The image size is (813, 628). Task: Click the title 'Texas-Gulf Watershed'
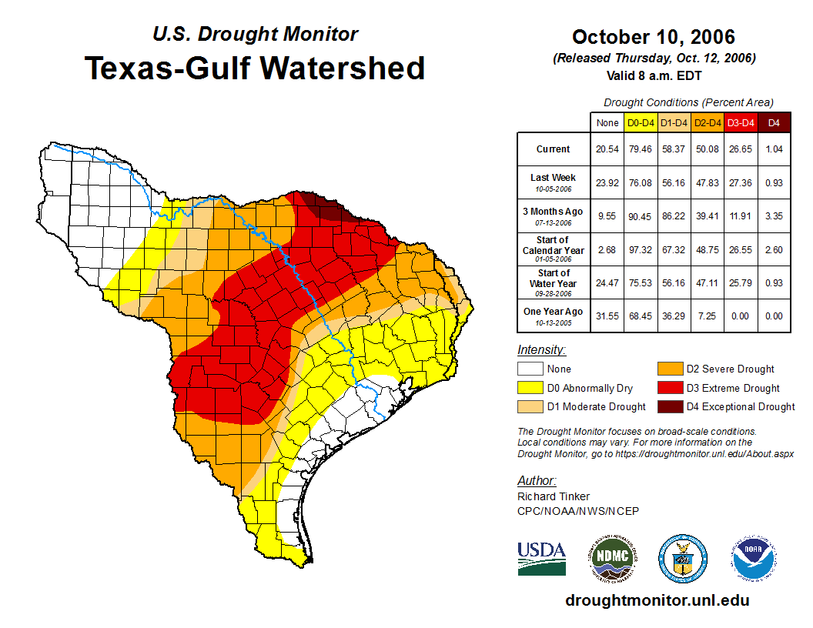(x=254, y=68)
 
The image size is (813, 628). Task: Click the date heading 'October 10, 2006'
(x=654, y=37)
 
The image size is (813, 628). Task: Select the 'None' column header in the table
(x=607, y=123)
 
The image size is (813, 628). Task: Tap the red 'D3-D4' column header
(x=741, y=123)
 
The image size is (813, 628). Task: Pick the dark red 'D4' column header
(x=774, y=123)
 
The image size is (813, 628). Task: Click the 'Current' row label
(x=554, y=149)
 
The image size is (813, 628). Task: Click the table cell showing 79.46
(x=641, y=149)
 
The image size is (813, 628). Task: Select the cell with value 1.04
(x=774, y=149)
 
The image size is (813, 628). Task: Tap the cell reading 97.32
(x=641, y=250)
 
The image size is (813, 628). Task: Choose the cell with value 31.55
(x=607, y=316)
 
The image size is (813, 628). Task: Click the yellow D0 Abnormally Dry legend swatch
(x=529, y=388)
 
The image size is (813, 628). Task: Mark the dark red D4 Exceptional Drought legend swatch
(x=669, y=406)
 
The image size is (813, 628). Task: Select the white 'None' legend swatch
(x=529, y=369)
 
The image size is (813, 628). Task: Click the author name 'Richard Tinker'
(x=554, y=496)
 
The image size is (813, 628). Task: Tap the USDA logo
(x=541, y=558)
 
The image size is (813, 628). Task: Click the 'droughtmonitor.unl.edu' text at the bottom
(x=657, y=600)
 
